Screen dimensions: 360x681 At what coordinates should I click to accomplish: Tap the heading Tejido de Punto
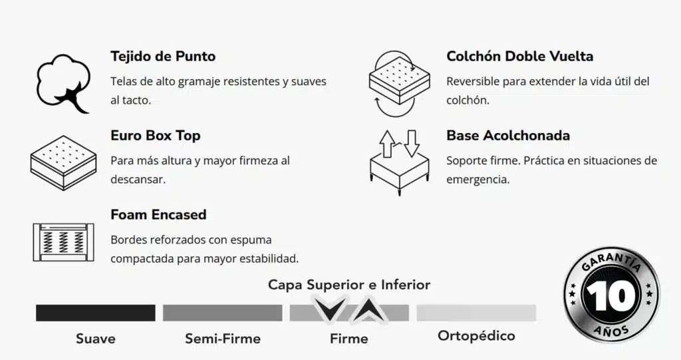point(163,57)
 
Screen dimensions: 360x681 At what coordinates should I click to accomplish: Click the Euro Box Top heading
point(155,136)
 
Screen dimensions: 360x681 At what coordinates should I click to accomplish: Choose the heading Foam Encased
point(158,215)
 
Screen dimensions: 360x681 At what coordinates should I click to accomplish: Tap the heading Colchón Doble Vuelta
point(519,57)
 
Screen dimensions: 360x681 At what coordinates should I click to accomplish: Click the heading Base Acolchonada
point(508,136)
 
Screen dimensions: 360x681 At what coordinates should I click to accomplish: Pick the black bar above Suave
point(95,313)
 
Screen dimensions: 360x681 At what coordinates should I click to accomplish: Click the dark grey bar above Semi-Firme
point(222,313)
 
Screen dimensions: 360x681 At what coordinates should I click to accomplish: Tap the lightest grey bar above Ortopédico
point(476,313)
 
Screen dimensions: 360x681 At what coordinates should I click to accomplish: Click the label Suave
point(95,339)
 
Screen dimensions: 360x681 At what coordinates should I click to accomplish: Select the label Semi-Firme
point(222,339)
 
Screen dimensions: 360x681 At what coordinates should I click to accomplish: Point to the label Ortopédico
point(476,336)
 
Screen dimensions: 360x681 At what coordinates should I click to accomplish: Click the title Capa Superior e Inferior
point(349,285)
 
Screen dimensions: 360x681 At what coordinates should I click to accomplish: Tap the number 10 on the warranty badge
point(611,297)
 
